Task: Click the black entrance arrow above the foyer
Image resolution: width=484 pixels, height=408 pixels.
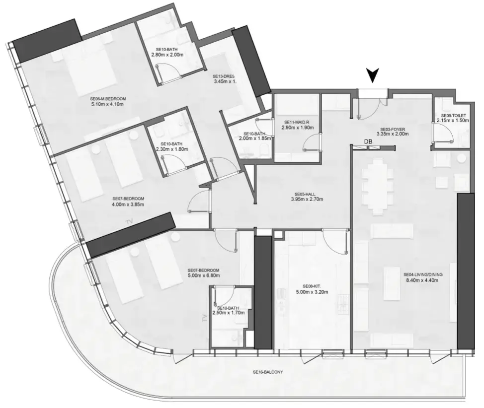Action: pos(374,76)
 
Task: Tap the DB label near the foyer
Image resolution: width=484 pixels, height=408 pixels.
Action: pos(368,142)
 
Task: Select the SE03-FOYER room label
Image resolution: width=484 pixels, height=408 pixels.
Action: pos(393,128)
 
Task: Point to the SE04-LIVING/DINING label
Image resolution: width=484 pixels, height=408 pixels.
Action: pos(423,274)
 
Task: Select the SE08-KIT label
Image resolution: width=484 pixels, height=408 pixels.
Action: pos(312,286)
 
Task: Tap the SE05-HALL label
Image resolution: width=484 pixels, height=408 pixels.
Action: pos(307,194)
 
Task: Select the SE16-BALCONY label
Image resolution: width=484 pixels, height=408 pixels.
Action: pos(267,372)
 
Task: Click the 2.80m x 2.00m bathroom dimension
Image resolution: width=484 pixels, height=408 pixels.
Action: pos(167,55)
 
